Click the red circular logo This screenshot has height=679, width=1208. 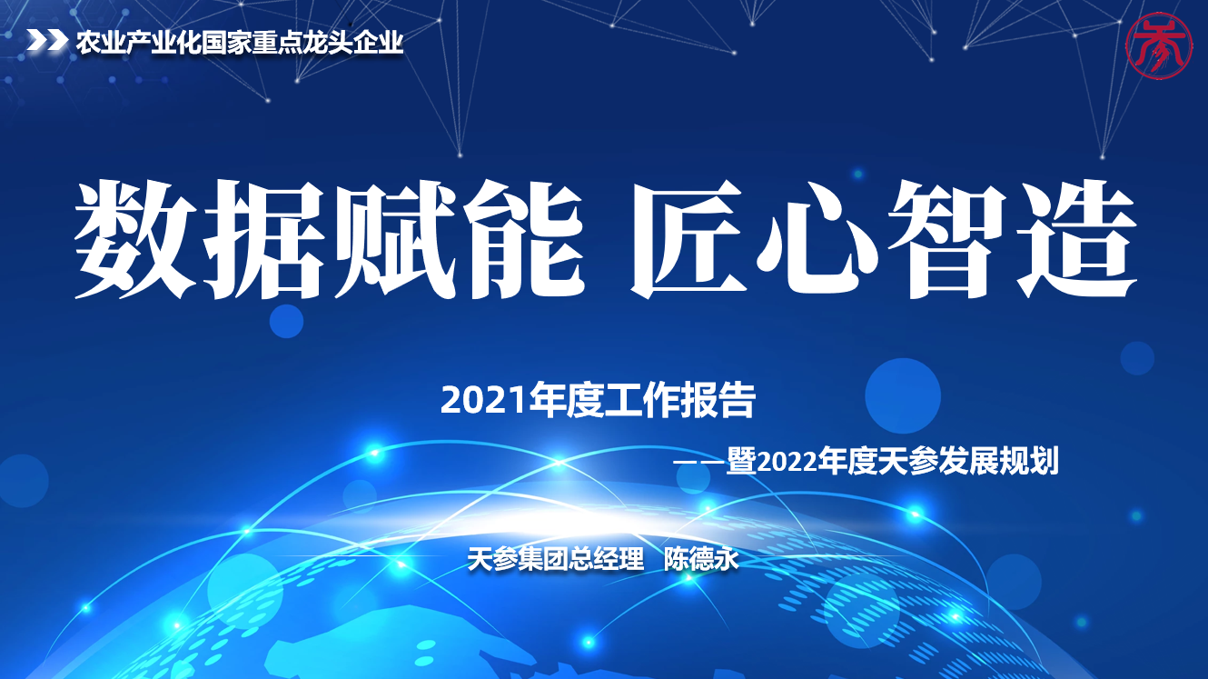(x=1158, y=45)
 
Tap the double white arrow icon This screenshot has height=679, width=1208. (x=47, y=41)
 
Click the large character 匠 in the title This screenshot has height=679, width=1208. (x=691, y=240)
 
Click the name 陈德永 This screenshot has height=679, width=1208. (x=701, y=559)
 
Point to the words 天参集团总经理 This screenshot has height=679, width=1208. (x=556, y=559)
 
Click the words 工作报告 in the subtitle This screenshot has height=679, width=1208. (x=679, y=401)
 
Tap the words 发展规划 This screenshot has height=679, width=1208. (x=999, y=461)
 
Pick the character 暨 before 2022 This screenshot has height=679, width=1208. (x=742, y=461)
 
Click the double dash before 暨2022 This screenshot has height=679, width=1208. (x=699, y=463)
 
